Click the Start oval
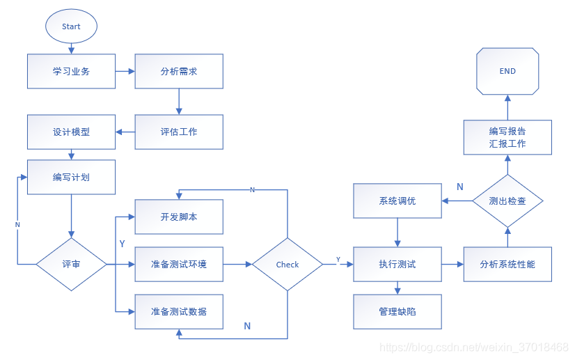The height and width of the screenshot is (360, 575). [71, 26]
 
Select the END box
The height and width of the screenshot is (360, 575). [507, 71]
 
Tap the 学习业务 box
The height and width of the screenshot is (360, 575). [71, 71]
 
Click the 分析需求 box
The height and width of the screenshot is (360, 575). [179, 71]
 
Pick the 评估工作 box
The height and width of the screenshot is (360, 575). [179, 132]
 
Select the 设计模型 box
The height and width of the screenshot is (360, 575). [71, 132]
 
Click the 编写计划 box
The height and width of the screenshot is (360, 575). [71, 177]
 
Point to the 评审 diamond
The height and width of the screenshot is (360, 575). [71, 265]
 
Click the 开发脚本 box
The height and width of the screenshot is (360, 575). [179, 217]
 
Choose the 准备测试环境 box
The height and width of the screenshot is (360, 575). [179, 265]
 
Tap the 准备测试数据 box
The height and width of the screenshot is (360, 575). [179, 311]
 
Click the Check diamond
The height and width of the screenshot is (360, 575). [287, 265]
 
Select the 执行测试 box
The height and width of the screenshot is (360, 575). [397, 265]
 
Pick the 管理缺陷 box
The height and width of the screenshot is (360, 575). [397, 311]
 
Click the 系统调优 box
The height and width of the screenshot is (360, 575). [397, 201]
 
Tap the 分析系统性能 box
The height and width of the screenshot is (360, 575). [507, 265]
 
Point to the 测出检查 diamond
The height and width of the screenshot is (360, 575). [507, 201]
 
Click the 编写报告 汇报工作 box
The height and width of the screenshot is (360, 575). [507, 137]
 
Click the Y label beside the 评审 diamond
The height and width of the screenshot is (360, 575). [123, 244]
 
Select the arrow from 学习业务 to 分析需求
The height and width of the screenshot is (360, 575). [125, 71]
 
